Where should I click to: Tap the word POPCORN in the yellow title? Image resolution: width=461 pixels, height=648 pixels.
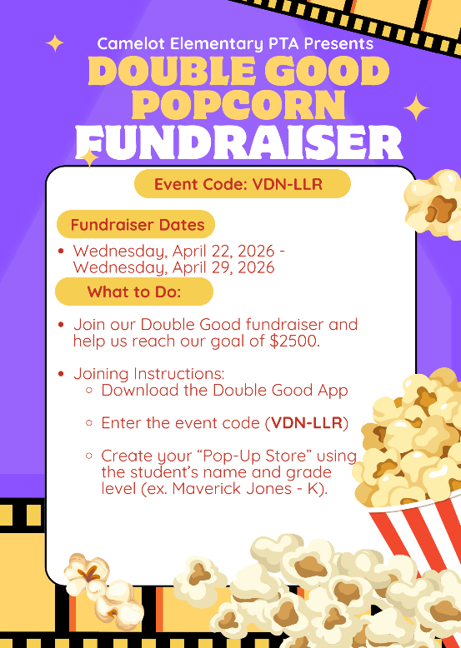tap(238, 106)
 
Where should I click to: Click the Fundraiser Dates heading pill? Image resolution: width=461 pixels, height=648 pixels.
tap(137, 225)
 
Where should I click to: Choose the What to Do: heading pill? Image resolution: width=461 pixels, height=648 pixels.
tap(134, 292)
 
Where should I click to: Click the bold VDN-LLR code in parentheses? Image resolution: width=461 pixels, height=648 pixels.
tap(307, 423)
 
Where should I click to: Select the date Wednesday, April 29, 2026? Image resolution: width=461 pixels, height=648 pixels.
tap(173, 267)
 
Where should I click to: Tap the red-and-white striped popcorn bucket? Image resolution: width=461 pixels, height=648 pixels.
tap(417, 533)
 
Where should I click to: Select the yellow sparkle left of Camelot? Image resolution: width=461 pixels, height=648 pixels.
tap(55, 43)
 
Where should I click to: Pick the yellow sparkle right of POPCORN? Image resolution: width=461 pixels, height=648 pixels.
tap(415, 107)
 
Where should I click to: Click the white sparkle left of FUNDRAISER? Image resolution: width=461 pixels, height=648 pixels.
tap(88, 155)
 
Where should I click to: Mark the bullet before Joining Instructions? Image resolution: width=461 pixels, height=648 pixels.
tap(61, 375)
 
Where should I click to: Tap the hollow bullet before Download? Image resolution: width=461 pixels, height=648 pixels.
tap(89, 391)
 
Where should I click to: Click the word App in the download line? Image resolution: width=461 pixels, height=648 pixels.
tap(333, 390)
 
